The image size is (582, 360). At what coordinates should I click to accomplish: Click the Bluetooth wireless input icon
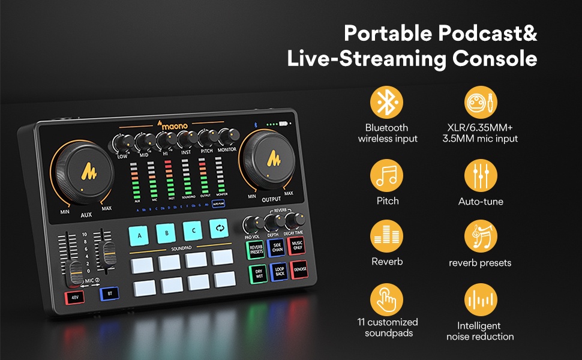click(x=387, y=103)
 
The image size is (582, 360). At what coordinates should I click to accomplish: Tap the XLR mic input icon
click(x=481, y=103)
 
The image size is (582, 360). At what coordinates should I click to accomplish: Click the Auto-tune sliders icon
click(x=481, y=176)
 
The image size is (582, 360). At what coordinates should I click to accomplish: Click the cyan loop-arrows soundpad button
click(x=219, y=229)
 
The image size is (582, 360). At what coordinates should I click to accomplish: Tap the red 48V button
click(x=75, y=296)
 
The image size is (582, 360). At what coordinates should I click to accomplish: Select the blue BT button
click(x=109, y=293)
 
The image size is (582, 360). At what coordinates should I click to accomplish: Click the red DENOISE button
click(x=299, y=270)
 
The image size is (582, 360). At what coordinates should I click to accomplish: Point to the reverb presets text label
click(x=480, y=263)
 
